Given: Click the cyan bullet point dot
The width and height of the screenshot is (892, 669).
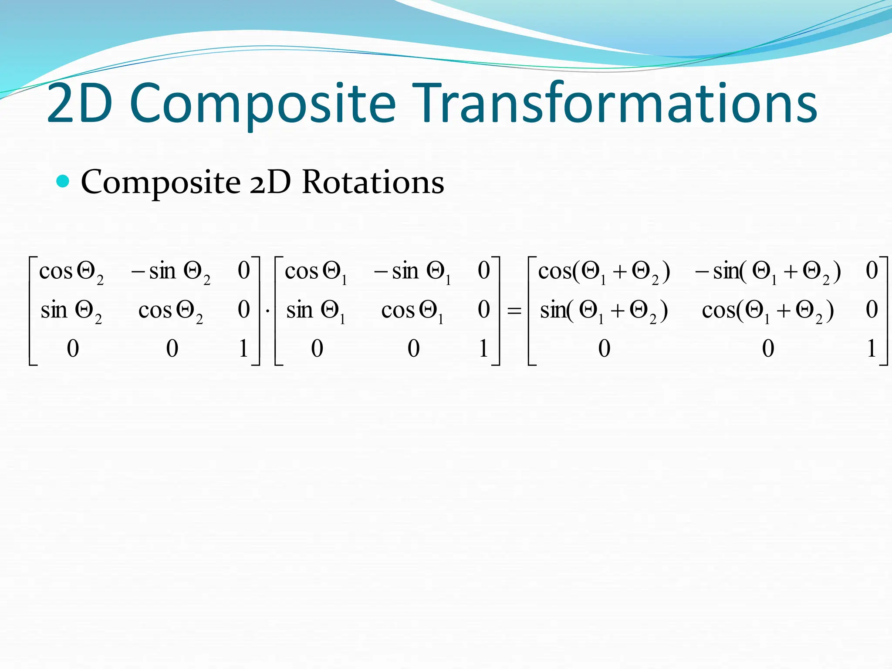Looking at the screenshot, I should [63, 181].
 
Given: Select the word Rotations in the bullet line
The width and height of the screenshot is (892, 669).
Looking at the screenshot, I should [373, 182].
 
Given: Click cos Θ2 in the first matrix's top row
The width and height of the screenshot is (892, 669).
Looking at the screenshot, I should [71, 272].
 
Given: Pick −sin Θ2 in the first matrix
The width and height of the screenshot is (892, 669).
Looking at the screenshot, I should [171, 272].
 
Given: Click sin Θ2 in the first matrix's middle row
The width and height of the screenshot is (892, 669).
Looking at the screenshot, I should [71, 311].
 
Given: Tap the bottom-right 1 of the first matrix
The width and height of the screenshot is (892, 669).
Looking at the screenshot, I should [243, 348].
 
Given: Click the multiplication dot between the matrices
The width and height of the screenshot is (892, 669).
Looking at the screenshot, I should [267, 311].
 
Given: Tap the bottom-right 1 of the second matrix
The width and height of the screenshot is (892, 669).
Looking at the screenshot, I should [483, 348].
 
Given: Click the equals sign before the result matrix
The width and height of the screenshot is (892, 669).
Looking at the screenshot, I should [514, 311].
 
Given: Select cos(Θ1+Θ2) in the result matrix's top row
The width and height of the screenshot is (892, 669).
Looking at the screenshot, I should [604, 272].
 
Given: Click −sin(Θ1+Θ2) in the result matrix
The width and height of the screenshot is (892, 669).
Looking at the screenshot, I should [767, 272].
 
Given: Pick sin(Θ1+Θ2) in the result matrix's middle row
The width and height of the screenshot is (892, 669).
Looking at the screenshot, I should [604, 311].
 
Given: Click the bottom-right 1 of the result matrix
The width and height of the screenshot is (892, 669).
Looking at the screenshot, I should [872, 348].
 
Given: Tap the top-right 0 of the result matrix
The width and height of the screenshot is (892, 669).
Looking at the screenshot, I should [872, 270].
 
